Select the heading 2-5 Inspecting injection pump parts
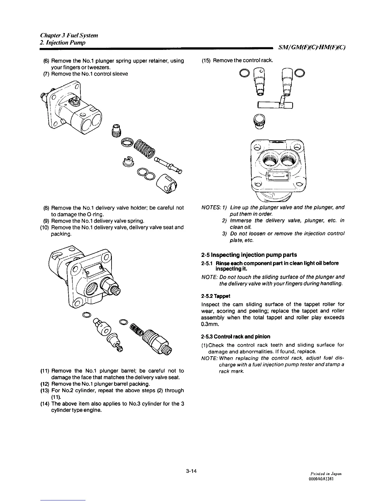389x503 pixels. [249, 255]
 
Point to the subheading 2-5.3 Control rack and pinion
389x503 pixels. [235, 337]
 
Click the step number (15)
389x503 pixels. [207, 61]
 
